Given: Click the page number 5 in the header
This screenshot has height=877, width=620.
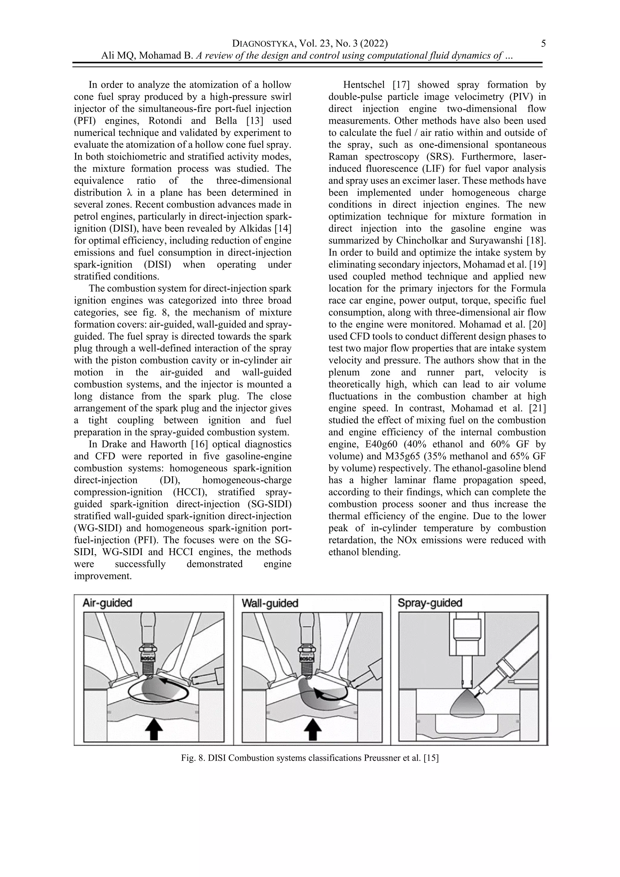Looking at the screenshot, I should point(543,44).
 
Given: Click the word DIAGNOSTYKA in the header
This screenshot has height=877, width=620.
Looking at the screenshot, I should point(263,44).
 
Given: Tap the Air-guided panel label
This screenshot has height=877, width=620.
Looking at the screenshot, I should point(107,603).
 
